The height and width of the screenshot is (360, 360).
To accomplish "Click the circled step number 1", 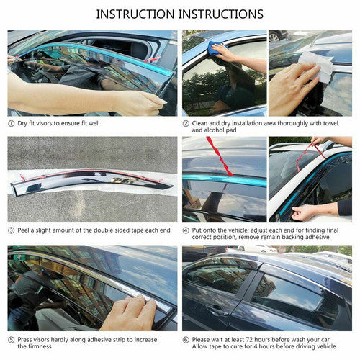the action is pyautogui.click(x=11, y=124).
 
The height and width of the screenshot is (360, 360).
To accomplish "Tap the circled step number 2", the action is pyautogui.click(x=186, y=124).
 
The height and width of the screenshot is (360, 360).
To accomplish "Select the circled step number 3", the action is pyautogui.click(x=11, y=230).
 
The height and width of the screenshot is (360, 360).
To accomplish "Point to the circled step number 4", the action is pyautogui.click(x=186, y=230).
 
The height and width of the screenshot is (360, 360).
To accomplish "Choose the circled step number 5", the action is pyautogui.click(x=11, y=340).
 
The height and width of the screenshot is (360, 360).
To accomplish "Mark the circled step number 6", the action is pyautogui.click(x=186, y=340).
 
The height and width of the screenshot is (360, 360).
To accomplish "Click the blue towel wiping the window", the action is pyautogui.click(x=215, y=48).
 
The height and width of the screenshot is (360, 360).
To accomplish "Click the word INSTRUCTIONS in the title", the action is pyautogui.click(x=221, y=14).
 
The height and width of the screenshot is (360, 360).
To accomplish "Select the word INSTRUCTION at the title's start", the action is pyautogui.click(x=135, y=14).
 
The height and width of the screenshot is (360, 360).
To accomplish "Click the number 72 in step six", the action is pyautogui.click(x=249, y=340).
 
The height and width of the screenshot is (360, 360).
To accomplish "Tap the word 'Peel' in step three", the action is pyautogui.click(x=23, y=230).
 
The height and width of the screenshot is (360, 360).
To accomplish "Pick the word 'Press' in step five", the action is pyautogui.click(x=24, y=340).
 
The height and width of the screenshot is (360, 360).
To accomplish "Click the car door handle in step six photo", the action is pyautogui.click(x=215, y=310).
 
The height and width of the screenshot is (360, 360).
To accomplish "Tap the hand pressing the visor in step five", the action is pyautogui.click(x=130, y=313).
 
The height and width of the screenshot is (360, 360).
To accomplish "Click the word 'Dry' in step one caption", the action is pyautogui.click(x=22, y=123).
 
